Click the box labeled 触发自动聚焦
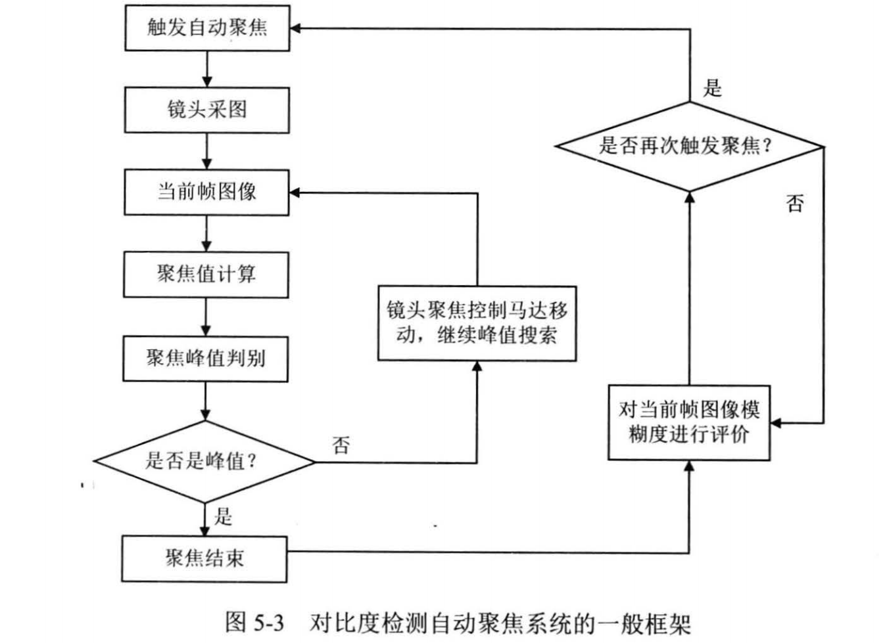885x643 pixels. pos(207,28)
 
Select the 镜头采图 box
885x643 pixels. pos(207,110)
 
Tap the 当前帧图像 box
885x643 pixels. pos(206,192)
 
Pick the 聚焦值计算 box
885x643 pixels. pos(206,274)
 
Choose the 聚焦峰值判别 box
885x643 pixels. pos(205,359)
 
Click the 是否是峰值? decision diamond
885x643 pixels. pos(204,461)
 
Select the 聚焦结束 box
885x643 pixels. pos(204,559)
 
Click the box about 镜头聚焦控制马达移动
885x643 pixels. pos(477,322)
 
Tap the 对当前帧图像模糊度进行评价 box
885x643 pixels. pos(688,422)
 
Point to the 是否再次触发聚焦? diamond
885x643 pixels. pos(689,146)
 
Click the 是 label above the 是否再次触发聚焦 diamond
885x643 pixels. pos(713,87)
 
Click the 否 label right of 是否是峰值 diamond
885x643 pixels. pos(341,445)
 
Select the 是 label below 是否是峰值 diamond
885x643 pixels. pos(223,516)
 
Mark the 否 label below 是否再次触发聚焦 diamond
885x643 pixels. pos(795,203)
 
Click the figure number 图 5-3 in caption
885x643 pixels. pos(254,621)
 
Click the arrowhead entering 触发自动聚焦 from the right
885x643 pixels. pos(296,28)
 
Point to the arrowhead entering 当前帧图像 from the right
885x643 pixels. pos(295,192)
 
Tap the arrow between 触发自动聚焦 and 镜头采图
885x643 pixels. pos(207,69)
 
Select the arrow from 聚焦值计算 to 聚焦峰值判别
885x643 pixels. pos(206,317)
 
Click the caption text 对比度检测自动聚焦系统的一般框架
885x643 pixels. pos(500,622)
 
